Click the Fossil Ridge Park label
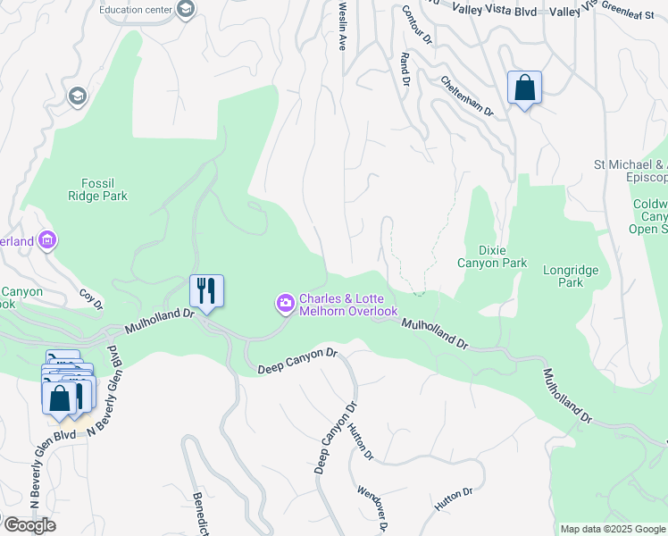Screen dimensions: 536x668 pyautogui.click(x=98, y=189)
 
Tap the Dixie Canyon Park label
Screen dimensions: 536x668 pyautogui.click(x=492, y=256)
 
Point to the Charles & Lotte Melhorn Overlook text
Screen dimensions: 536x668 pyautogui.click(x=348, y=305)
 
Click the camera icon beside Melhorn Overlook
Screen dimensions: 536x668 pyautogui.click(x=285, y=305)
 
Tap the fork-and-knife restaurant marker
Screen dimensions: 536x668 pyautogui.click(x=206, y=290)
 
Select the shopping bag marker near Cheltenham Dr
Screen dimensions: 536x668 pyautogui.click(x=524, y=88)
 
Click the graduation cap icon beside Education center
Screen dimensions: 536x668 pyautogui.click(x=186, y=10)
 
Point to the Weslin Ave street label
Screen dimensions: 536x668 pyautogui.click(x=341, y=25)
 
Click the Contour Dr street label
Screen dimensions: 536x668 pyautogui.click(x=416, y=25)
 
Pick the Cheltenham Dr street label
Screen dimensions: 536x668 pyautogui.click(x=466, y=96)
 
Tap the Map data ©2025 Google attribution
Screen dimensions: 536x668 pyautogui.click(x=612, y=529)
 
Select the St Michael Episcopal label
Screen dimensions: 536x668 pyautogui.click(x=630, y=171)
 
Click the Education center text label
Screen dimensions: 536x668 pyautogui.click(x=136, y=10)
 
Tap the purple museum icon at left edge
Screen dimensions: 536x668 pyautogui.click(x=48, y=240)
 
